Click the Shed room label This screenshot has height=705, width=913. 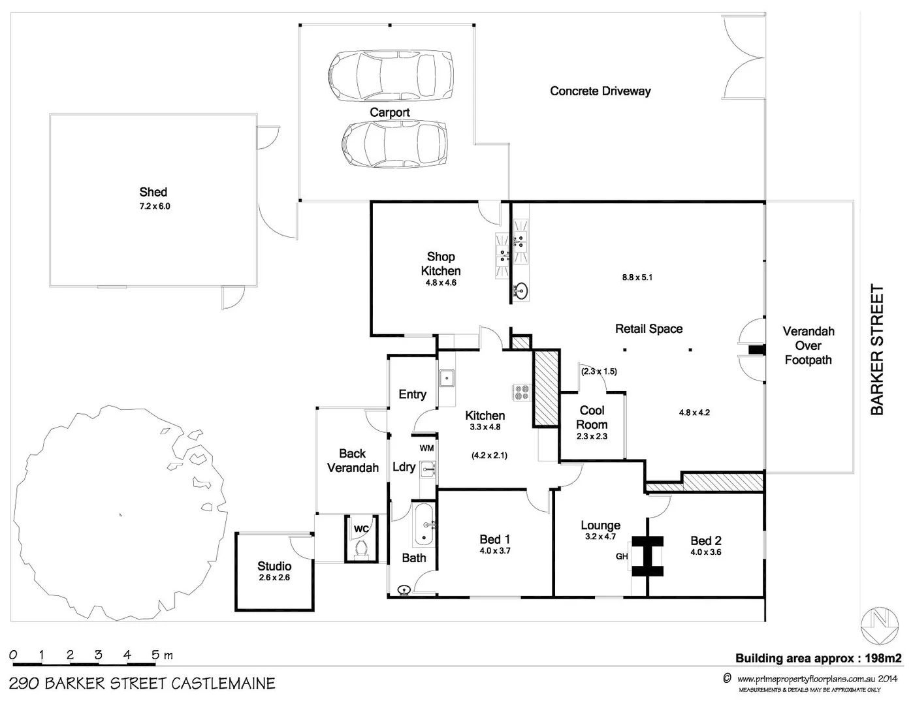(153, 192)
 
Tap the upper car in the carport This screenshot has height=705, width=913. (391, 74)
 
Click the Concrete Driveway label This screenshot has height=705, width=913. (600, 91)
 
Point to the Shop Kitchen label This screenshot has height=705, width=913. (441, 264)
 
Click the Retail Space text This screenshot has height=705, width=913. (649, 329)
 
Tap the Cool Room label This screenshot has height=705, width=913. (592, 417)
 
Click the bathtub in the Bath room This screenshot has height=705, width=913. (424, 525)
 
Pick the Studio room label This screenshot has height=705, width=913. (274, 566)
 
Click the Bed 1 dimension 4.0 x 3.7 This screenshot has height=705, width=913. (494, 551)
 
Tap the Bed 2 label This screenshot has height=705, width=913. (706, 540)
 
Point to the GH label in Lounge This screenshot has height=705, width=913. (622, 556)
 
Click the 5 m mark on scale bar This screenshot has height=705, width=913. (155, 655)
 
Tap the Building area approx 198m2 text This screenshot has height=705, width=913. (818, 658)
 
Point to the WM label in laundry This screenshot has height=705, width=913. (426, 448)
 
